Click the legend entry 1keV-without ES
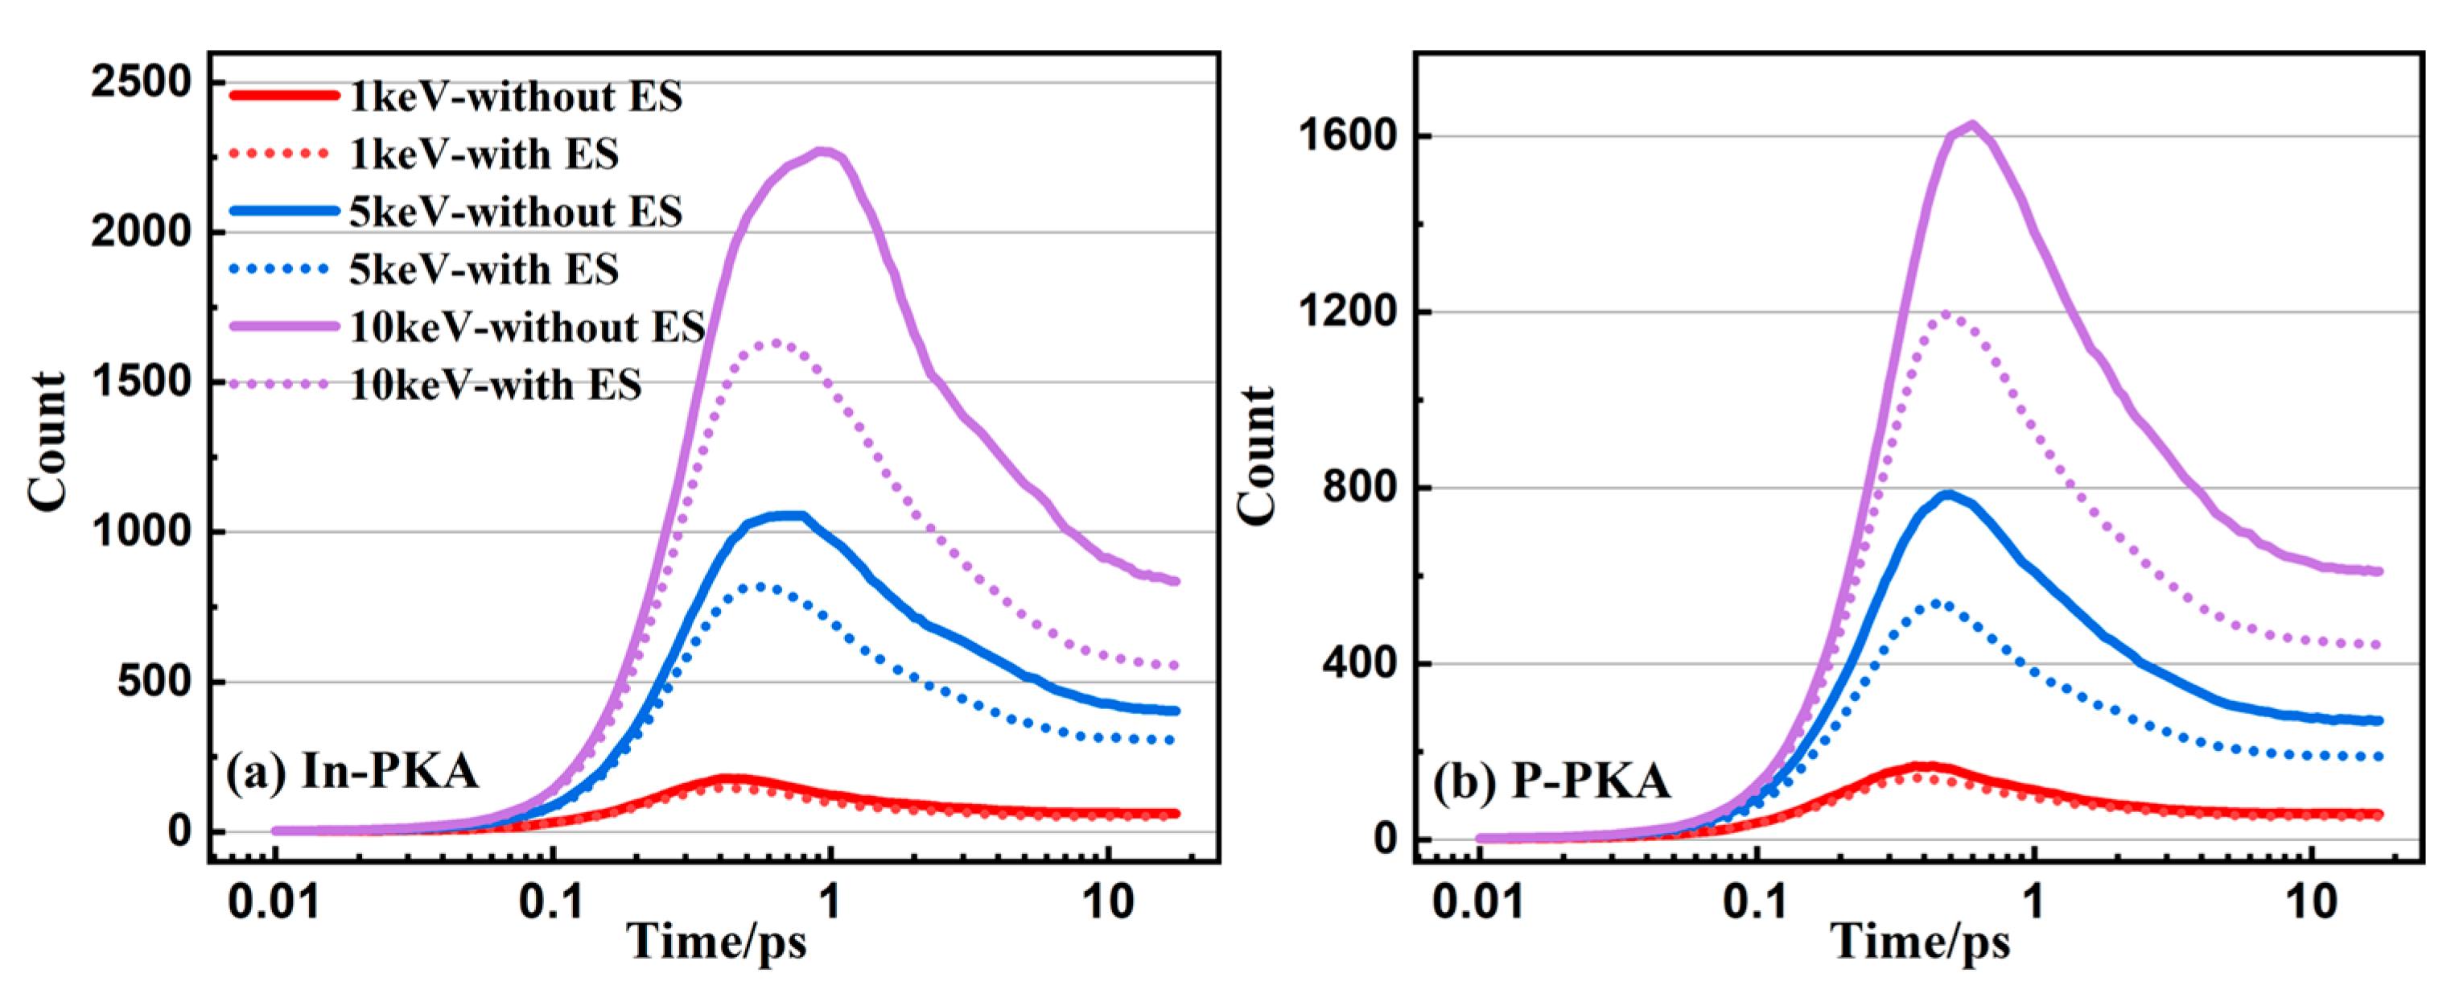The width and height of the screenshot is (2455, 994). point(515,97)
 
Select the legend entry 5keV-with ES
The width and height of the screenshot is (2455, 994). point(483,270)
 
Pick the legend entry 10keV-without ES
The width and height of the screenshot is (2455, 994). point(526,327)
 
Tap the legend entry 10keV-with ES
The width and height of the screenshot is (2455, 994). point(495,385)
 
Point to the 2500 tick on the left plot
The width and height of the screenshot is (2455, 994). point(141,82)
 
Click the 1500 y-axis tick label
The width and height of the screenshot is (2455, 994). point(141,382)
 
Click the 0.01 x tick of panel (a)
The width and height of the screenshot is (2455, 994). point(274,901)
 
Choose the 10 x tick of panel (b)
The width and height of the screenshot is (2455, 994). point(2311,901)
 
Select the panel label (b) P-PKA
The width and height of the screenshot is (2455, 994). point(1551,782)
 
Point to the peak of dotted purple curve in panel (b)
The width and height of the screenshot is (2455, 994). point(1944,314)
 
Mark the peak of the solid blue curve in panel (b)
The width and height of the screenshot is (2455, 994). point(1948,493)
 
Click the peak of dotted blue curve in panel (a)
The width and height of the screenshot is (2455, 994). point(763,586)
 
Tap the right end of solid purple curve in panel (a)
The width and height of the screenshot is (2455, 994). point(1177,580)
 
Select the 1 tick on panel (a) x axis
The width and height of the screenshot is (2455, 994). point(830,901)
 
